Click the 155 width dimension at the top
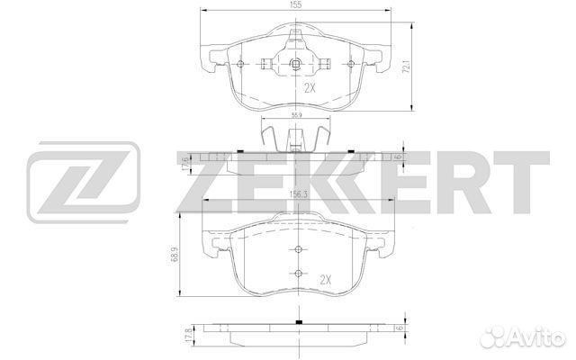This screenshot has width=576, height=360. tap(296, 4)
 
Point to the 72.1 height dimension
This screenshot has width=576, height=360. tap(406, 67)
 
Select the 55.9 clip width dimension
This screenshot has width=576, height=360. tap(296, 115)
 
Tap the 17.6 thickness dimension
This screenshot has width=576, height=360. tap(185, 163)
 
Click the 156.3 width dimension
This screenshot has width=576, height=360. tap(298, 195)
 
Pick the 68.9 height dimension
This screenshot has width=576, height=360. tap(175, 254)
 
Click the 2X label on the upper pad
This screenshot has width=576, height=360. tap(310, 88)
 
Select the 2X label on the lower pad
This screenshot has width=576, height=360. tap(325, 280)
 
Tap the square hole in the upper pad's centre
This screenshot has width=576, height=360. tap(295, 64)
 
